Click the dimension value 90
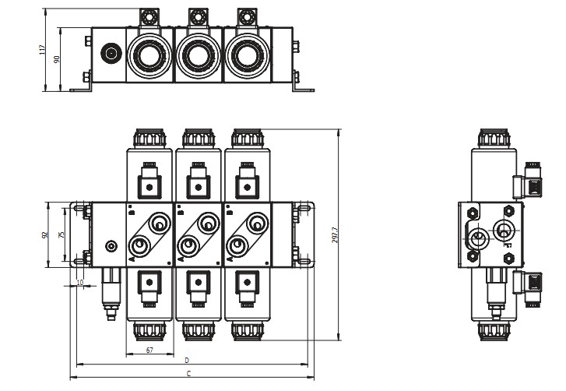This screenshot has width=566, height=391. [x=56, y=59]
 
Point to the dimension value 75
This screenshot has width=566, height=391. [x=62, y=234]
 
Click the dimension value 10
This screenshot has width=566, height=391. [x=79, y=281]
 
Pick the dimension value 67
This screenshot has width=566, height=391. [x=150, y=350]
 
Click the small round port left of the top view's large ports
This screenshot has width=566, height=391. [x=110, y=55]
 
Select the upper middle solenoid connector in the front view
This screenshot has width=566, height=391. [x=199, y=184]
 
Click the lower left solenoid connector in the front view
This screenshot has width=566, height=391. [x=149, y=284]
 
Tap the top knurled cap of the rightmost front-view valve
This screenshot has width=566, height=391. [x=247, y=139]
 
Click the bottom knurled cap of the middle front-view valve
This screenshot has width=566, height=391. [x=199, y=332]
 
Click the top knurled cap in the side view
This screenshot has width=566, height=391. [x=494, y=139]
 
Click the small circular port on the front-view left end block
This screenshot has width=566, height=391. [x=111, y=246]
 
